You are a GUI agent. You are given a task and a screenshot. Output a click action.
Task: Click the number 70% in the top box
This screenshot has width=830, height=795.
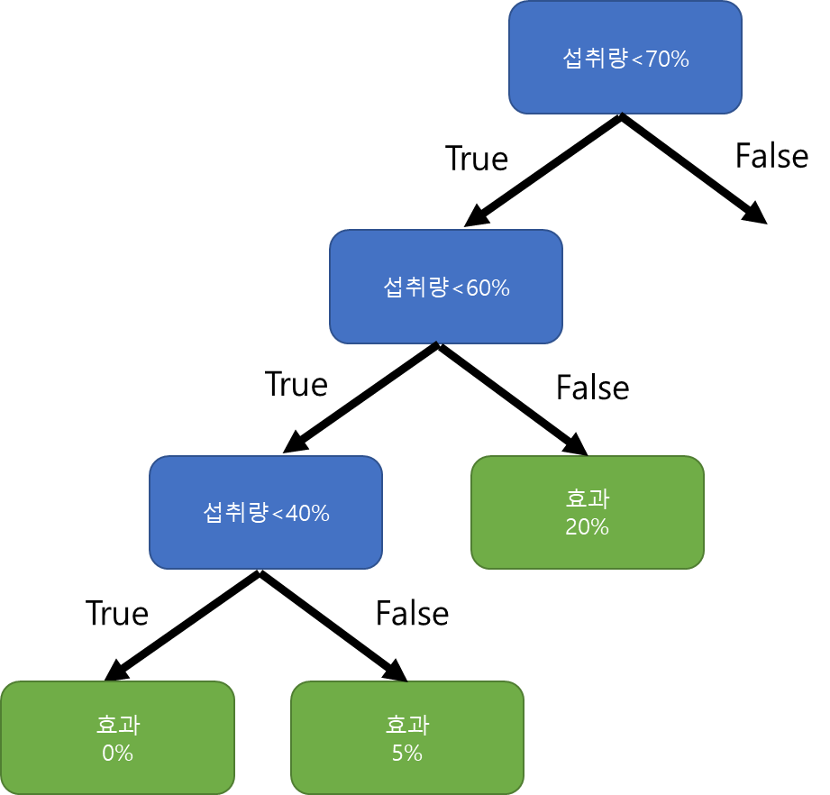click(667, 60)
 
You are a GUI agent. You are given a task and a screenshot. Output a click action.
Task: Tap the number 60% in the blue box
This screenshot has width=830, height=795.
click(488, 288)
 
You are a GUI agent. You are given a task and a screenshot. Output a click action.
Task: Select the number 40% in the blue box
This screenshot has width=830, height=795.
click(307, 514)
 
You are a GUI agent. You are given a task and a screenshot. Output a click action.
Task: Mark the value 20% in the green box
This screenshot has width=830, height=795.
click(587, 527)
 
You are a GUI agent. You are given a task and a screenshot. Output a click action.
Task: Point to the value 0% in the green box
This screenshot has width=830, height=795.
click(117, 753)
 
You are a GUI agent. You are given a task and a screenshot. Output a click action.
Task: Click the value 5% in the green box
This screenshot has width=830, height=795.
click(406, 753)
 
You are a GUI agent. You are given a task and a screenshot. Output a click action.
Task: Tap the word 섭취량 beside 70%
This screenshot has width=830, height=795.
click(595, 59)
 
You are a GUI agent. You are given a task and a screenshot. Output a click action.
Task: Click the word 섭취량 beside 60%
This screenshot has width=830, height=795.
click(415, 288)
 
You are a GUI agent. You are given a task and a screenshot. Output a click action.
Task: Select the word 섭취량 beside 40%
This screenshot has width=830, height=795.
click(235, 513)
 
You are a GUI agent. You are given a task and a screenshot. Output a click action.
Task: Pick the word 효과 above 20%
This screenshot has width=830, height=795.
click(587, 499)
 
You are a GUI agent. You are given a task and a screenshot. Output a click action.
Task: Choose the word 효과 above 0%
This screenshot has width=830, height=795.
click(117, 725)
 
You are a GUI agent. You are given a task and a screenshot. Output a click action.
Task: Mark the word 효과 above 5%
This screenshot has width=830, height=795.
click(406, 725)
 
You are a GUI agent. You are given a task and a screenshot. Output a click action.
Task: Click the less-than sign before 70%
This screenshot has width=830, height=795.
click(637, 61)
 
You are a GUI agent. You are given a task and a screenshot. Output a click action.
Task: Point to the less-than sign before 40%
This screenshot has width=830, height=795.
click(278, 515)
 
